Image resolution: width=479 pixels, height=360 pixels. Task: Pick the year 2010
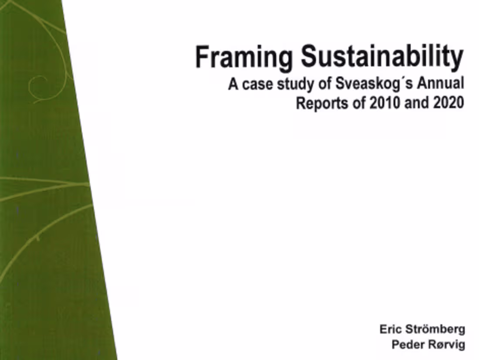pos(383,105)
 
